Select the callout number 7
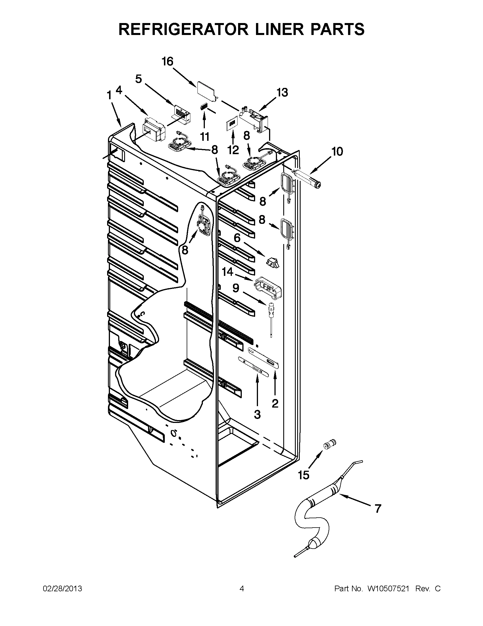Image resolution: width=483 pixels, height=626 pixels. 378,509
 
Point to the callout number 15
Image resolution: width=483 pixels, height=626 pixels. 303,475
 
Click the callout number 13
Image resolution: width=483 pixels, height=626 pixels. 282,93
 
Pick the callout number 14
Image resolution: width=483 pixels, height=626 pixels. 228,272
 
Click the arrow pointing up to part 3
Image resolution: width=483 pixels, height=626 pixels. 257,391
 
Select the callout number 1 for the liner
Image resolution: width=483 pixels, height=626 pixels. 109,95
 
